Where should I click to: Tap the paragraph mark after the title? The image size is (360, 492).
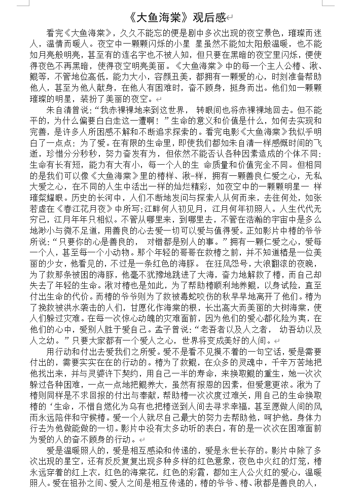(x=231, y=19)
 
